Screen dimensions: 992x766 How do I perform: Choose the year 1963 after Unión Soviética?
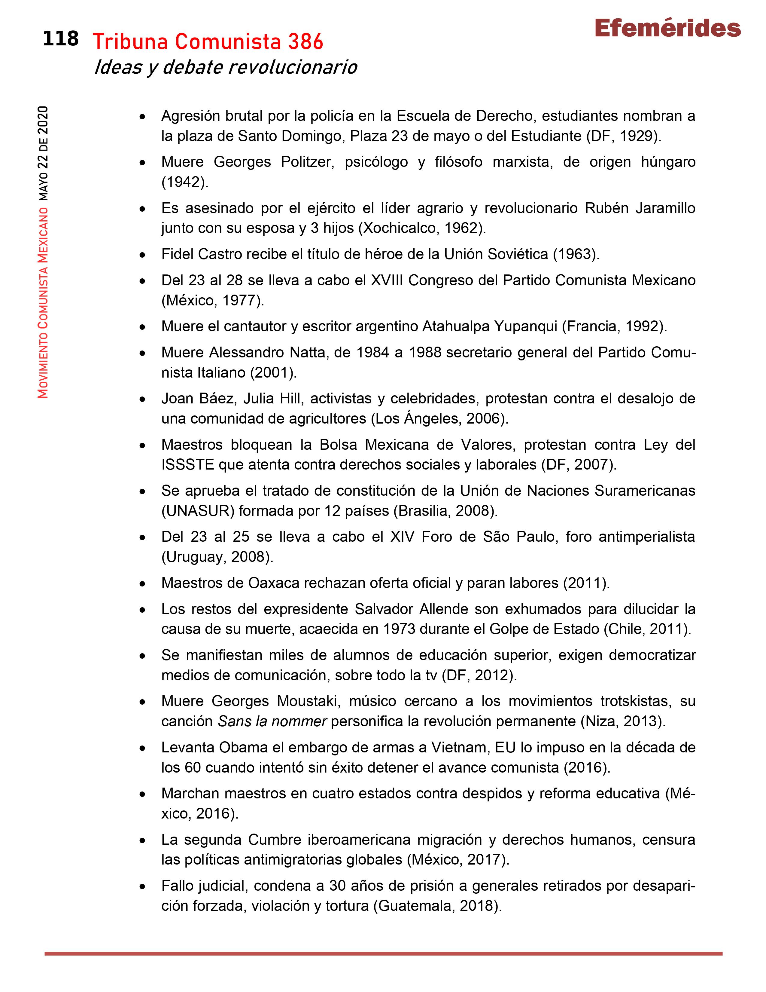(573, 254)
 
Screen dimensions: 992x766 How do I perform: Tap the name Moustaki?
(309, 701)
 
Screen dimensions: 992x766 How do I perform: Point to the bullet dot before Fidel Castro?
(142, 255)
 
